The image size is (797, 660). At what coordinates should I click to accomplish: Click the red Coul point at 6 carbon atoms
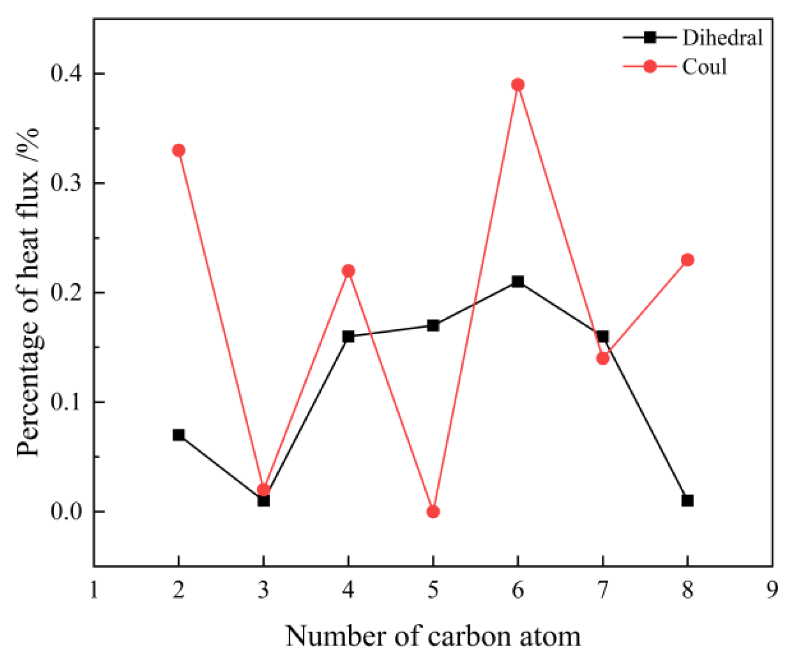[x=517, y=85]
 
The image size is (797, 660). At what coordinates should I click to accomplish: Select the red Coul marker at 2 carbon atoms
[x=178, y=150]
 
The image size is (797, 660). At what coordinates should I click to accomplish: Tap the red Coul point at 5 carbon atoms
[x=433, y=512]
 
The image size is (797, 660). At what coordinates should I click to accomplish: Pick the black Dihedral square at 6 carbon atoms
[x=517, y=281]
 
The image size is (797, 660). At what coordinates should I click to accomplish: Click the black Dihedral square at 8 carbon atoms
[x=687, y=500]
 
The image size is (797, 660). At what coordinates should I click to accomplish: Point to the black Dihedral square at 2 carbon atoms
[x=178, y=435]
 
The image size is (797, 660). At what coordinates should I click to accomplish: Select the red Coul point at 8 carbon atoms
[x=687, y=260]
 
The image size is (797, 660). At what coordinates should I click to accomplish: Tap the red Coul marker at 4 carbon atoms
[x=348, y=271]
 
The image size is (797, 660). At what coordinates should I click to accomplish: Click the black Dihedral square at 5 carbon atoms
[x=433, y=325]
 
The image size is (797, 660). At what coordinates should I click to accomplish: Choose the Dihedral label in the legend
[x=722, y=38]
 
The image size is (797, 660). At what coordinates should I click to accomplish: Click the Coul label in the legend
[x=704, y=66]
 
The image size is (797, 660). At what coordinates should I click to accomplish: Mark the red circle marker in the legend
[x=649, y=66]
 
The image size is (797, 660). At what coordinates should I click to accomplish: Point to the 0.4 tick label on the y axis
[x=65, y=74]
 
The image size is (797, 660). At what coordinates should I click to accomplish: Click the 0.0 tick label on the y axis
[x=65, y=512]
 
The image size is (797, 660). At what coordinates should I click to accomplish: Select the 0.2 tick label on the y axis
[x=65, y=293]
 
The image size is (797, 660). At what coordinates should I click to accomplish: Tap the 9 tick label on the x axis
[x=772, y=590]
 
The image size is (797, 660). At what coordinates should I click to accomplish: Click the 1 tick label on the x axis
[x=94, y=590]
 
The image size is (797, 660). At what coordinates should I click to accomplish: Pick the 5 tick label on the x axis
[x=433, y=590]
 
